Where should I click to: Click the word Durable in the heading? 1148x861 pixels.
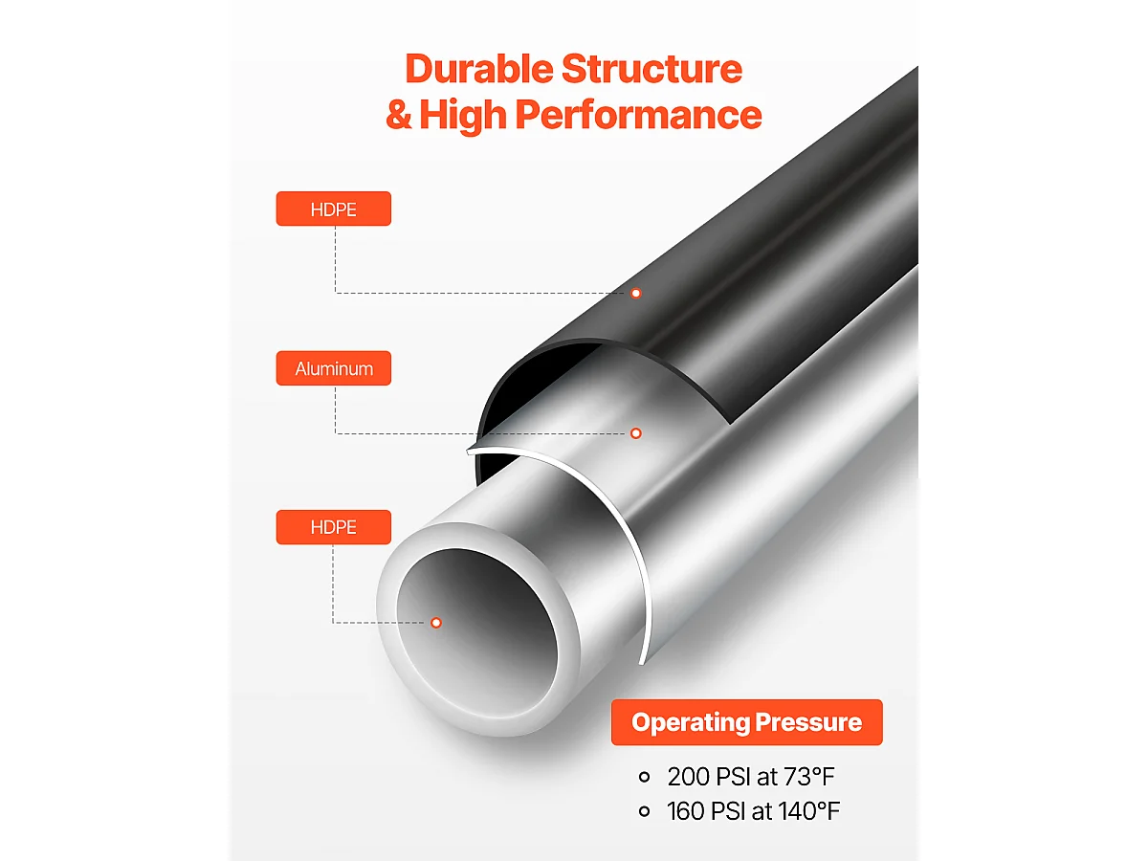[479, 69]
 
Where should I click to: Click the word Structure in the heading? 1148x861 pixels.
[651, 69]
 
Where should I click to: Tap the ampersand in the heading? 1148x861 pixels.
[399, 115]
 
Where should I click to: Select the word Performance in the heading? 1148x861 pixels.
[639, 116]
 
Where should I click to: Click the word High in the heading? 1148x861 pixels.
[463, 116]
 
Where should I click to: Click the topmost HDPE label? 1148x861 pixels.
[334, 209]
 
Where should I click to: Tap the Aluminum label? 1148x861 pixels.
[334, 368]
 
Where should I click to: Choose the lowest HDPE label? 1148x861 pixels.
[334, 527]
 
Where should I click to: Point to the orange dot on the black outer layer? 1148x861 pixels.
[636, 294]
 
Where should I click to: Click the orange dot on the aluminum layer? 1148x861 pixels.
[636, 433]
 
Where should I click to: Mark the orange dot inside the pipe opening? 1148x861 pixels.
[436, 623]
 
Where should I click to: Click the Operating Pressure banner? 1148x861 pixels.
[747, 722]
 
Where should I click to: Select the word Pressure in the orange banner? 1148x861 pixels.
[808, 722]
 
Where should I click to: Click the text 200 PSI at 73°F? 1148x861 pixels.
[751, 777]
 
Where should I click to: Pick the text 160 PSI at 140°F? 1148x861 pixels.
[754, 811]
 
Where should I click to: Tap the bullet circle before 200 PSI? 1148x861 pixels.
[645, 777]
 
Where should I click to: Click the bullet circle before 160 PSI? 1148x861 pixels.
[645, 811]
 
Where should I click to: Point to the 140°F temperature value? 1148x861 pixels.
[809, 811]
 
